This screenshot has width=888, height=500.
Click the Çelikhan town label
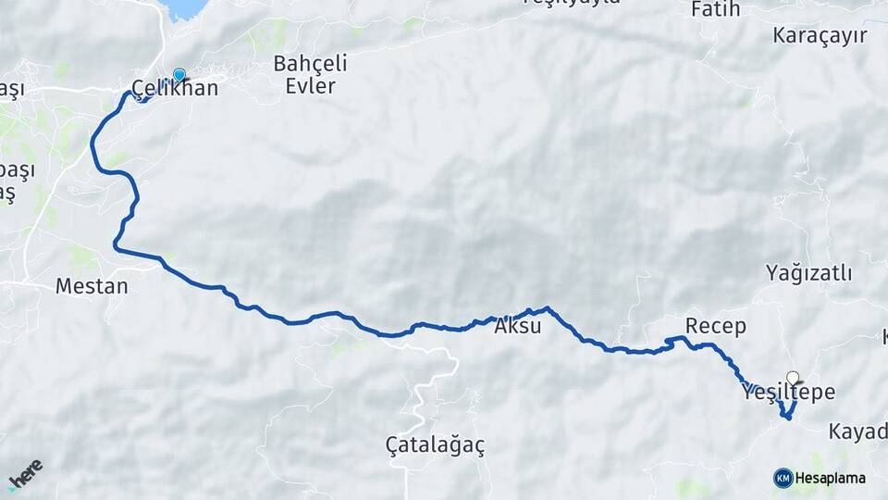(175, 89)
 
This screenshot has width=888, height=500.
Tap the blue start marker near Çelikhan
(179, 75)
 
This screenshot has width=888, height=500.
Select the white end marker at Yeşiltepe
(793, 377)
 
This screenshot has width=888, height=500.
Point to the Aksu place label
(517, 326)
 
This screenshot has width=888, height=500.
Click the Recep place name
(716, 326)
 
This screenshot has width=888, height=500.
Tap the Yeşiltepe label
(788, 393)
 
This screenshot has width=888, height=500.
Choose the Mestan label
(92, 286)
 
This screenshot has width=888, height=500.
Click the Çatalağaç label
(435, 445)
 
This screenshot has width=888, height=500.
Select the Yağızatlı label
(808, 273)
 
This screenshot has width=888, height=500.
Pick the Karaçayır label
(820, 36)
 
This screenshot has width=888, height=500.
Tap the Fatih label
(716, 10)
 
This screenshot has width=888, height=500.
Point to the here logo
(25, 474)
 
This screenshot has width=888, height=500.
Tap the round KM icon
(783, 479)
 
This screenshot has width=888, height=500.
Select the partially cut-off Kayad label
(857, 431)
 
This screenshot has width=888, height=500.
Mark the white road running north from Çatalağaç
(427, 389)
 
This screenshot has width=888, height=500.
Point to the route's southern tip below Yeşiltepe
(787, 418)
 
